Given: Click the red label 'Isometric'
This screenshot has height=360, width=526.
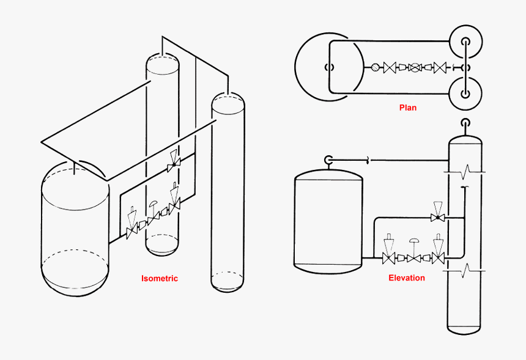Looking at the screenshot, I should [x=160, y=278].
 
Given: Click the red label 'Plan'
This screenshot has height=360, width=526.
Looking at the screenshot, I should [x=408, y=108].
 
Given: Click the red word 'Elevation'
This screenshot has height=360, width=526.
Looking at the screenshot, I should [x=407, y=277].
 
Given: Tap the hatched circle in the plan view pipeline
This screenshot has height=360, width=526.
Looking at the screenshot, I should [x=375, y=68].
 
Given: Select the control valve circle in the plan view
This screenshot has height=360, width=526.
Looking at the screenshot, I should [x=415, y=68].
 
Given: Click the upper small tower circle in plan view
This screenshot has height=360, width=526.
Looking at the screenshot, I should [x=465, y=42].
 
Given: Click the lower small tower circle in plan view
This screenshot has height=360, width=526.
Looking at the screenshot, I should [x=465, y=94].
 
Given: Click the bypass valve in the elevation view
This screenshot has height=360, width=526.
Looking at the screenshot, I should [x=437, y=218].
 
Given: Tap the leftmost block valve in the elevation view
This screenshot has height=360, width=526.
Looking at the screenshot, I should [x=388, y=259].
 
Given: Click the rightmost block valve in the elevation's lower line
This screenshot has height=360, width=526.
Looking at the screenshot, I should [x=438, y=259].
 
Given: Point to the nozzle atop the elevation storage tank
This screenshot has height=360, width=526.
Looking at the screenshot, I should [x=328, y=160].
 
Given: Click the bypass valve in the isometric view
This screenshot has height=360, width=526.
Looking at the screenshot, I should [x=174, y=164].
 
